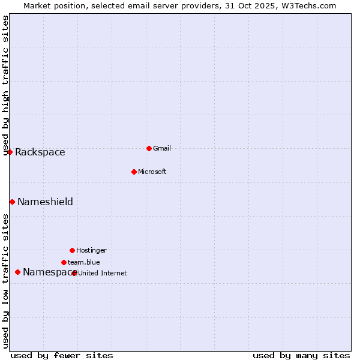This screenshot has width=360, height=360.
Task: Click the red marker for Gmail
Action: pos(149,148)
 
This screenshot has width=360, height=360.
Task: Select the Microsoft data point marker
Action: pos(134,172)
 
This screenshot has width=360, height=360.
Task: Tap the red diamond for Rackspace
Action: pos(10,152)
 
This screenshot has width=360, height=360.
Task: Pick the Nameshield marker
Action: pos(12,202)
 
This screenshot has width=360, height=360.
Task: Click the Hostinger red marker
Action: pos(72,250)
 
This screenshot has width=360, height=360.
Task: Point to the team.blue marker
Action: pos(64,262)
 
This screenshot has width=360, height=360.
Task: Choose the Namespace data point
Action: pos(17,272)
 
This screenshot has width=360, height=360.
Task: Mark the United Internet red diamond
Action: pos(74,273)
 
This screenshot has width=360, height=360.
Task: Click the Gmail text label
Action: pos(162,148)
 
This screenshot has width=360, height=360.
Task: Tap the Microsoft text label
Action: pos(152,172)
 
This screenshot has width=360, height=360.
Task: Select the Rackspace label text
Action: pos(40,152)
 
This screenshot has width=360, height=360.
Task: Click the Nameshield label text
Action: pos(45,202)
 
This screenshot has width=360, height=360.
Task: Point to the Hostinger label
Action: pos(91,250)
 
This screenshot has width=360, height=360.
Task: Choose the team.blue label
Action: pos(84,262)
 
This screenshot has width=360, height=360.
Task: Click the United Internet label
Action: pos(103,274)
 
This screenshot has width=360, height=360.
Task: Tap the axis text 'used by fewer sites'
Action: pos(62,355)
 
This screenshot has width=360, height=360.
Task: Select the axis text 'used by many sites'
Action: pos(301,355)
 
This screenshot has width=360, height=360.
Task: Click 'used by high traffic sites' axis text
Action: pos(6,85)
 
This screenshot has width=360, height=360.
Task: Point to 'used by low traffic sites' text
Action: pos(6,280)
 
